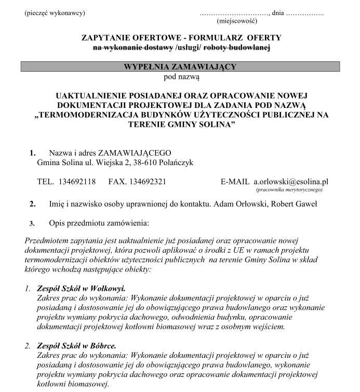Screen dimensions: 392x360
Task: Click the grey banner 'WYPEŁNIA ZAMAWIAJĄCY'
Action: pos(180,67)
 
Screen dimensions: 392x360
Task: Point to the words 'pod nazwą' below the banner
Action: pos(180,77)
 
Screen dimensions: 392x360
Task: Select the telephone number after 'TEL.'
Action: pos(78,182)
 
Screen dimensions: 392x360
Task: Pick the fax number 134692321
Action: pos(148,182)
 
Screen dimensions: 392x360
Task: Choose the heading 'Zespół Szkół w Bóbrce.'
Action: pos(76,345)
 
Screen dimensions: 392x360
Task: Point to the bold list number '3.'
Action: pos(32,224)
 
